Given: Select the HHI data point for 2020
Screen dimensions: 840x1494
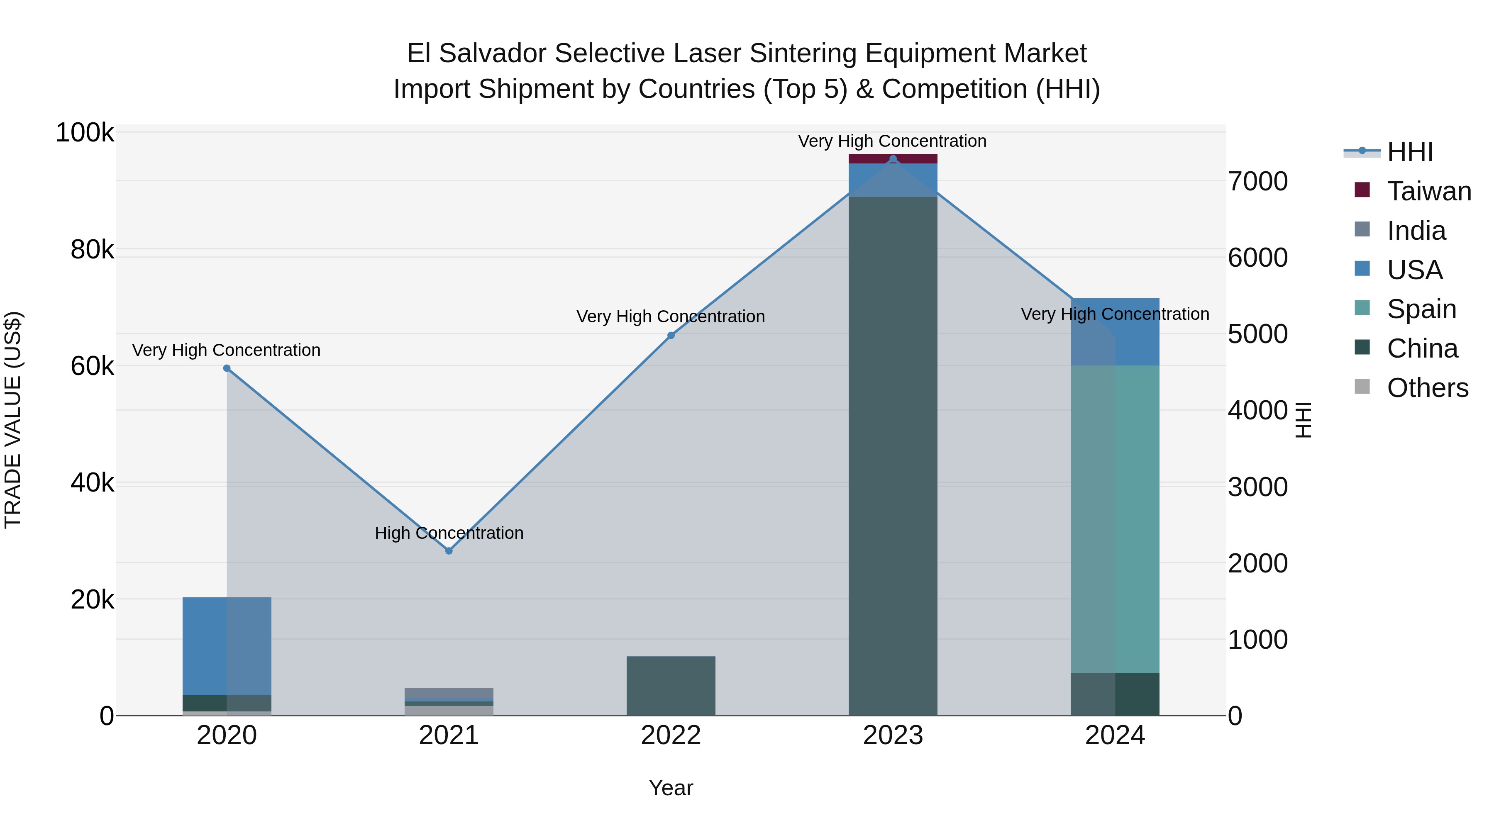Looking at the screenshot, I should pyautogui.click(x=227, y=368).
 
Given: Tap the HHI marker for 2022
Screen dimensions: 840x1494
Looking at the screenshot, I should pyautogui.click(x=671, y=335).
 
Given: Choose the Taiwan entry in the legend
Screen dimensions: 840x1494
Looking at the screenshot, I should pyautogui.click(x=1428, y=191).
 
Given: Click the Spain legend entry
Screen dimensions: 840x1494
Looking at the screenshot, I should pyautogui.click(x=1421, y=309).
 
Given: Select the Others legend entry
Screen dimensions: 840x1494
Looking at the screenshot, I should pyautogui.click(x=1427, y=388).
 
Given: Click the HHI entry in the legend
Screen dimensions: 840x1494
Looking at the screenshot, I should pyautogui.click(x=1409, y=152).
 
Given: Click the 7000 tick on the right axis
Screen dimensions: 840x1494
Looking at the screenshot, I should pyautogui.click(x=1257, y=181).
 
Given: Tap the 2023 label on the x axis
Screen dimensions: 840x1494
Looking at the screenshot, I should pyautogui.click(x=893, y=735).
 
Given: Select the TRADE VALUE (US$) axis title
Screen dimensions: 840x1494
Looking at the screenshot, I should pyautogui.click(x=13, y=420).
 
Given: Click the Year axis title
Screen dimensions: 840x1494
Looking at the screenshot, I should pyautogui.click(x=671, y=788).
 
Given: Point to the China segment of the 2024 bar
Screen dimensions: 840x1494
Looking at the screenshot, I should pyautogui.click(x=1115, y=694).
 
